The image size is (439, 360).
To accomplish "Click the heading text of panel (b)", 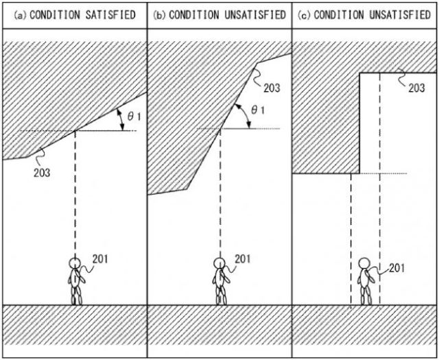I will tap(219, 14).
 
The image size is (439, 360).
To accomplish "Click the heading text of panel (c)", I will tap(365, 14).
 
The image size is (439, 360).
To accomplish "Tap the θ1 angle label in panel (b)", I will tap(259, 110).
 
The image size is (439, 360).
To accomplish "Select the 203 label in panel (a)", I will tap(42, 171).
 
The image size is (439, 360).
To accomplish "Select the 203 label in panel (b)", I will tap(272, 88).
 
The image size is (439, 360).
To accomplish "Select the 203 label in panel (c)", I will tap(416, 88).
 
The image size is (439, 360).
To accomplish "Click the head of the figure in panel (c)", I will tap(365, 265).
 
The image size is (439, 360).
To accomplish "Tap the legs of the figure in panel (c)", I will tap(365, 295).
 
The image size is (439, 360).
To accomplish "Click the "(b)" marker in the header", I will tap(159, 14).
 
